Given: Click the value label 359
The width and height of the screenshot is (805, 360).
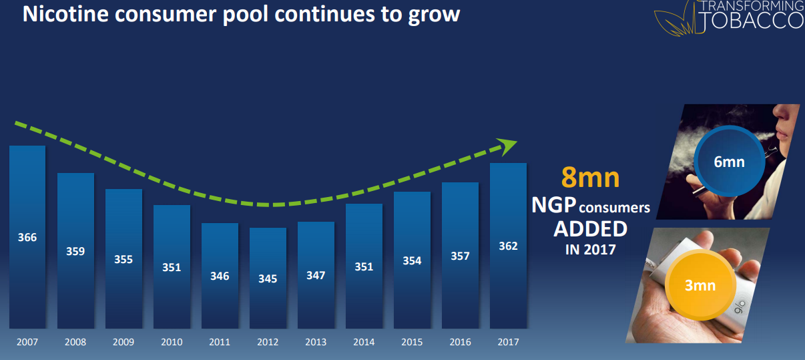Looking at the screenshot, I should click(75, 252).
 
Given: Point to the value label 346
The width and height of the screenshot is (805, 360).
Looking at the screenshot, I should click(220, 276).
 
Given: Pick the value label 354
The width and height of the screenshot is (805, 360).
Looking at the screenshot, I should click(412, 260).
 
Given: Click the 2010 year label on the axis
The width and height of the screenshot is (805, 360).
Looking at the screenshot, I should click(172, 342).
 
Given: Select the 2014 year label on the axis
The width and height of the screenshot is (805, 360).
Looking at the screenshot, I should click(364, 342).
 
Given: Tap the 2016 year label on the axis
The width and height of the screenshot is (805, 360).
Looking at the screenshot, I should click(460, 342).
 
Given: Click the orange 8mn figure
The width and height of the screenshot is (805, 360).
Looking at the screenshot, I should click(590, 178).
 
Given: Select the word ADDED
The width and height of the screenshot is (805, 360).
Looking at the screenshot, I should click(590, 229).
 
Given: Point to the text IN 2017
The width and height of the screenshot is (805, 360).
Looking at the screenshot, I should click(590, 250).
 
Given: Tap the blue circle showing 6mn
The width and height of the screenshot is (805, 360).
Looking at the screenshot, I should click(728, 162).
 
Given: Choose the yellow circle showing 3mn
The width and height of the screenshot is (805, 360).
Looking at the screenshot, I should click(700, 285).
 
